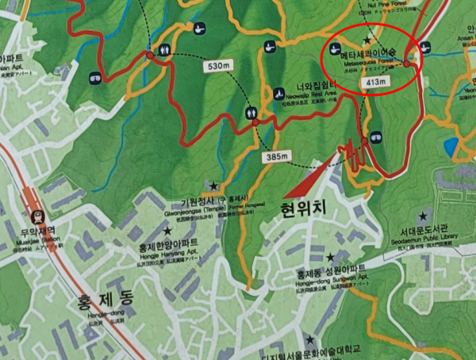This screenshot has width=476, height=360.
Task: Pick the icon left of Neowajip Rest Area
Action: pos(279,94)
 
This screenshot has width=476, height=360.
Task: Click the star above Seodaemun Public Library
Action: pos(423,216)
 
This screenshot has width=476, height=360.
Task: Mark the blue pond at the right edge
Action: pos(451,147)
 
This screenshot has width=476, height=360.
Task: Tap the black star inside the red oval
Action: pos(367,40)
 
